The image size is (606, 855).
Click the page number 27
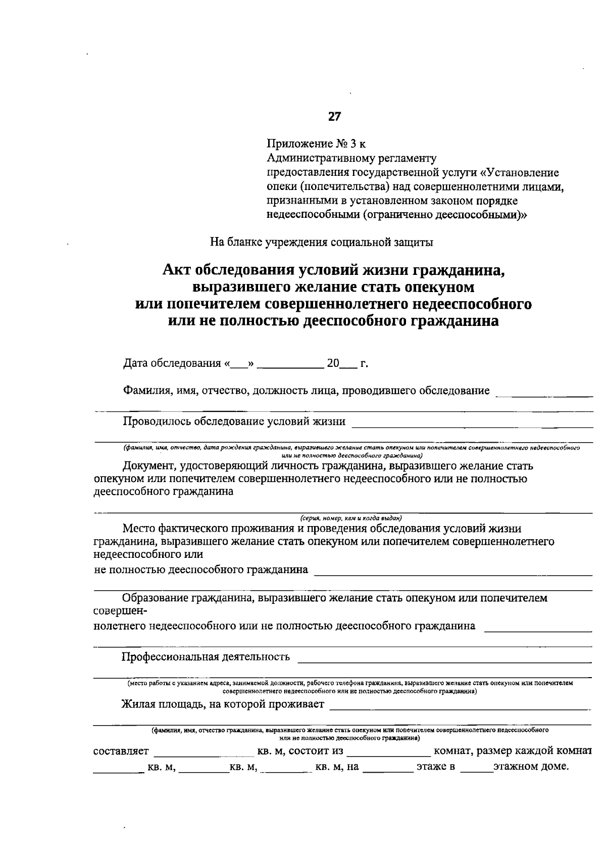tap(334, 117)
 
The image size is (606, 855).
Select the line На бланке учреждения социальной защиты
tap(322, 242)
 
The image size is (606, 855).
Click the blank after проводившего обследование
tap(544, 393)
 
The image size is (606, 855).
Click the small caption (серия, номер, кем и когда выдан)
tap(350, 518)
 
